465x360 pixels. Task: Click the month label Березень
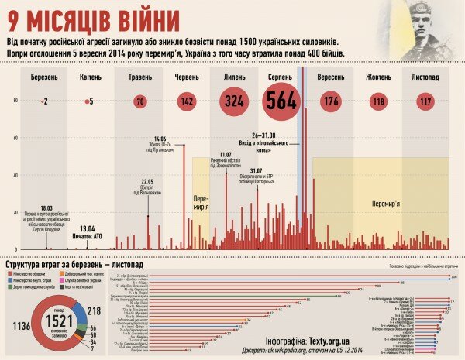point(43,78)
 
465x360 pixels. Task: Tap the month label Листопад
point(424,78)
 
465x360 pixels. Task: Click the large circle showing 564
point(281,101)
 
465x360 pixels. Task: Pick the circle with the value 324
point(233,101)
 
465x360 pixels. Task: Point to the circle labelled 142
point(186,101)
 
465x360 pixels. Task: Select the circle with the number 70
point(139,101)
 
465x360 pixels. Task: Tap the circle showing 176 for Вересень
point(330,101)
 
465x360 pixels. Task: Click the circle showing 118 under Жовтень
point(377,101)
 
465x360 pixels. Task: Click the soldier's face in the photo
point(430,22)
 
